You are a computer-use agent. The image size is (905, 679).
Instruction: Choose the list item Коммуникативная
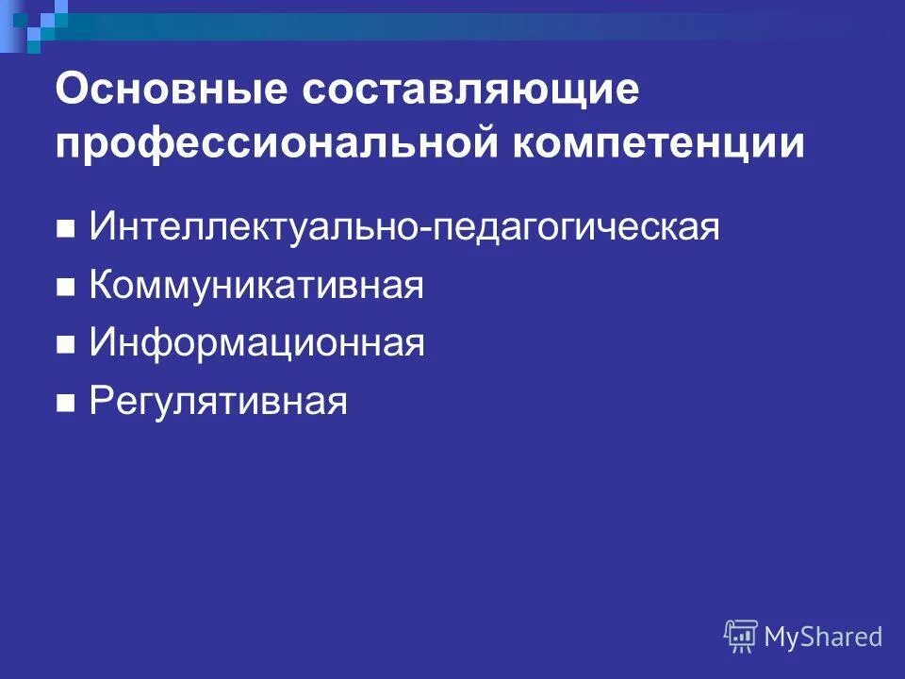tap(256, 287)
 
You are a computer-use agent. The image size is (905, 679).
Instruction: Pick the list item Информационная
tap(256, 344)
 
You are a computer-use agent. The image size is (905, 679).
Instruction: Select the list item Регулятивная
tap(218, 403)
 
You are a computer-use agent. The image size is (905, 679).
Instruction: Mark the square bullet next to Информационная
tap(65, 347)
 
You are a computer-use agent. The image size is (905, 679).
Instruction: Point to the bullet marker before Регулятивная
tap(65, 406)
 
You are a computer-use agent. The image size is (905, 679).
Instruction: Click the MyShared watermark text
tap(823, 637)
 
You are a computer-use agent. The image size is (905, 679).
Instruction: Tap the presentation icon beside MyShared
tap(741, 636)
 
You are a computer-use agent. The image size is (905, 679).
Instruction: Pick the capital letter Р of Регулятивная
tap(99, 403)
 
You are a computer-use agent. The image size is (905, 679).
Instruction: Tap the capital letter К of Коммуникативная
tap(100, 287)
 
